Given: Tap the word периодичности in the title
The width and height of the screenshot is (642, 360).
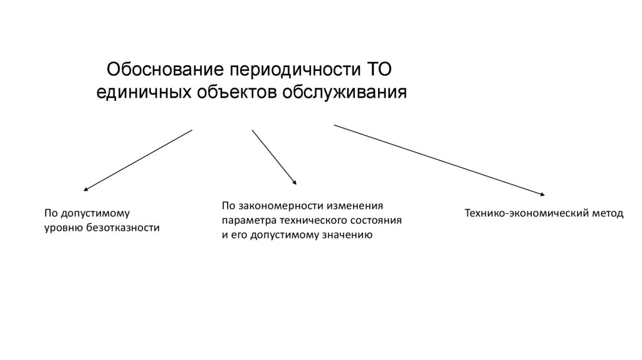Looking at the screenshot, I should (293, 68).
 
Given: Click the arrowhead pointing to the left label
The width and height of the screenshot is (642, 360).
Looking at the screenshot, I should (86, 189).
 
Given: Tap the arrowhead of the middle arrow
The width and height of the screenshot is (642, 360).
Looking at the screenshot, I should (295, 183).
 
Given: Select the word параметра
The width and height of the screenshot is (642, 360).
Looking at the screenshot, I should (245, 221).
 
